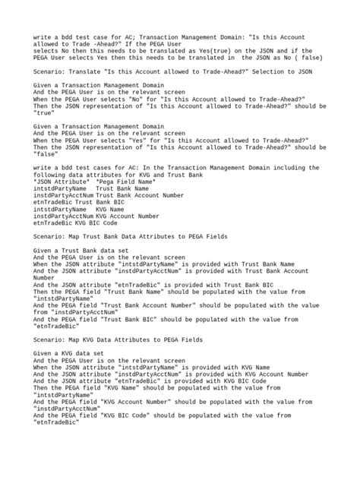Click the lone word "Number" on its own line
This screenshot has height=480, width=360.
coord(46,277)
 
